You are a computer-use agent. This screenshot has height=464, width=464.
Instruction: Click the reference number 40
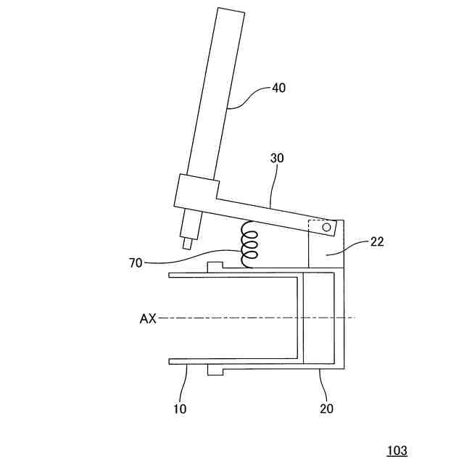[278, 88]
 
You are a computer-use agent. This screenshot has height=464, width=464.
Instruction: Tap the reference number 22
[376, 242]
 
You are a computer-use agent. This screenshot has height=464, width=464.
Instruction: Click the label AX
[149, 318]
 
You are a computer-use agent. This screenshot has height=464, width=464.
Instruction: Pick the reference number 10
[180, 408]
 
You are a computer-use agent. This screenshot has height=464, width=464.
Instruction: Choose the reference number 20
[326, 408]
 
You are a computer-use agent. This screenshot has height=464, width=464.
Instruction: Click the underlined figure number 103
[397, 450]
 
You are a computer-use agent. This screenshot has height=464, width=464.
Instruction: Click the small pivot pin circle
[326, 228]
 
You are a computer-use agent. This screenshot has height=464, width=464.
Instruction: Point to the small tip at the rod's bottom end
[187, 244]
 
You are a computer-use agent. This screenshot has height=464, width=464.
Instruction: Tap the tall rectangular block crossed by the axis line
[320, 318]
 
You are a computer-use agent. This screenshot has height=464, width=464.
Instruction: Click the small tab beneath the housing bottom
[214, 370]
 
